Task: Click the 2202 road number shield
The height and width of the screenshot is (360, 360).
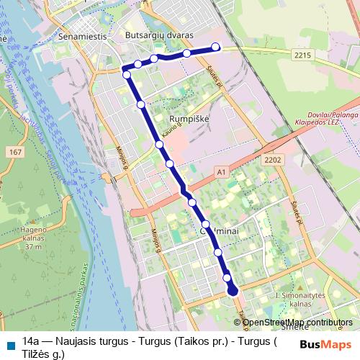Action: tap(273, 160)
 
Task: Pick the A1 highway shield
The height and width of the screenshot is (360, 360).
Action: tap(221, 173)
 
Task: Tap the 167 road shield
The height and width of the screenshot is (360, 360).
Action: tap(15, 153)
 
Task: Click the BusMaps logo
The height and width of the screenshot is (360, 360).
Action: tap(326, 344)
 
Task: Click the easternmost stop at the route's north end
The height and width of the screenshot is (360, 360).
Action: tap(215, 48)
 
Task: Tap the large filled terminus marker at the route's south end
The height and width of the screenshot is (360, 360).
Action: tap(233, 291)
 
